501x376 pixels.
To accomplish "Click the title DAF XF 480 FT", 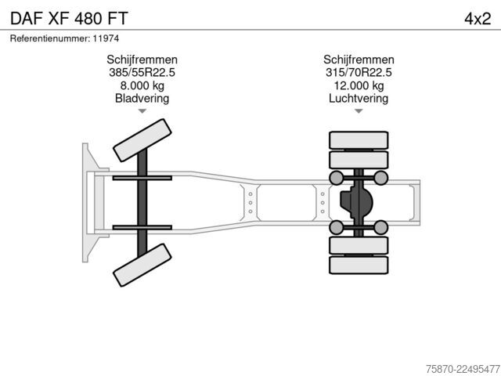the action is [69, 18].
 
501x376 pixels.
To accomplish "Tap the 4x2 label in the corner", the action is [478, 19].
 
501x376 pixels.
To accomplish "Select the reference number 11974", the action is [106, 38].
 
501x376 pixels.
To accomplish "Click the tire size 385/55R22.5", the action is [142, 72].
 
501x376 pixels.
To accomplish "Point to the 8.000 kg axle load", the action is [142, 85].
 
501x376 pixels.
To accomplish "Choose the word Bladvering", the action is [142, 98].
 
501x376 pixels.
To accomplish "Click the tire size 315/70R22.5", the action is [359, 72].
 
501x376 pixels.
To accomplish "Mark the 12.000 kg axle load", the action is [359, 85].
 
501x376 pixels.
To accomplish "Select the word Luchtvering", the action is [359, 98].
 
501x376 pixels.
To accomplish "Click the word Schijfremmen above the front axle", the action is [142, 60].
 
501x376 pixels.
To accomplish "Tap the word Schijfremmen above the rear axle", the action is [359, 60].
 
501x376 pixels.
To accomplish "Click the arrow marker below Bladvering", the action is [142, 111].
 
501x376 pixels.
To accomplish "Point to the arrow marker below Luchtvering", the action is [359, 111].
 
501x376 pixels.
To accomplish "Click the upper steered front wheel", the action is [142, 140].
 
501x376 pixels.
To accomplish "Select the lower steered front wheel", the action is [142, 265].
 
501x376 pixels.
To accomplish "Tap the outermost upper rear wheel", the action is [359, 140].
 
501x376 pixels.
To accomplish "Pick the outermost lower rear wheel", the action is [359, 265].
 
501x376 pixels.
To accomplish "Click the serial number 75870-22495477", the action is [463, 369].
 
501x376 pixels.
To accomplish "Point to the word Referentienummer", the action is [50, 38].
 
